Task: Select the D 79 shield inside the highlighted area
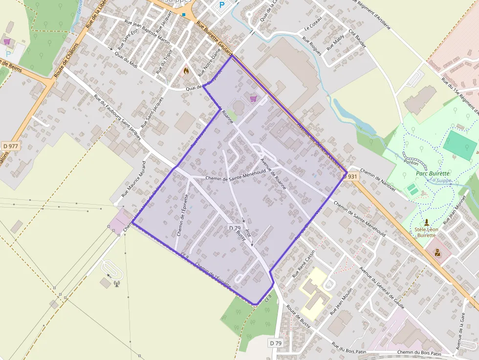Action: [235, 228]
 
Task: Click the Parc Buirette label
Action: [433, 173]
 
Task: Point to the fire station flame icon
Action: [186, 71]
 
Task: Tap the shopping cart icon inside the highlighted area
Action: [253, 98]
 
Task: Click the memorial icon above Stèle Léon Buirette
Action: [426, 222]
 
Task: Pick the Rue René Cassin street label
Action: [304, 264]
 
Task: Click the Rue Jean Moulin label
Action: [341, 300]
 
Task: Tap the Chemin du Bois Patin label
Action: [419, 353]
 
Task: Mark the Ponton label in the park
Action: [411, 161]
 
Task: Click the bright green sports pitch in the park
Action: [459, 142]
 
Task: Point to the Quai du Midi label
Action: [125, 63]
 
